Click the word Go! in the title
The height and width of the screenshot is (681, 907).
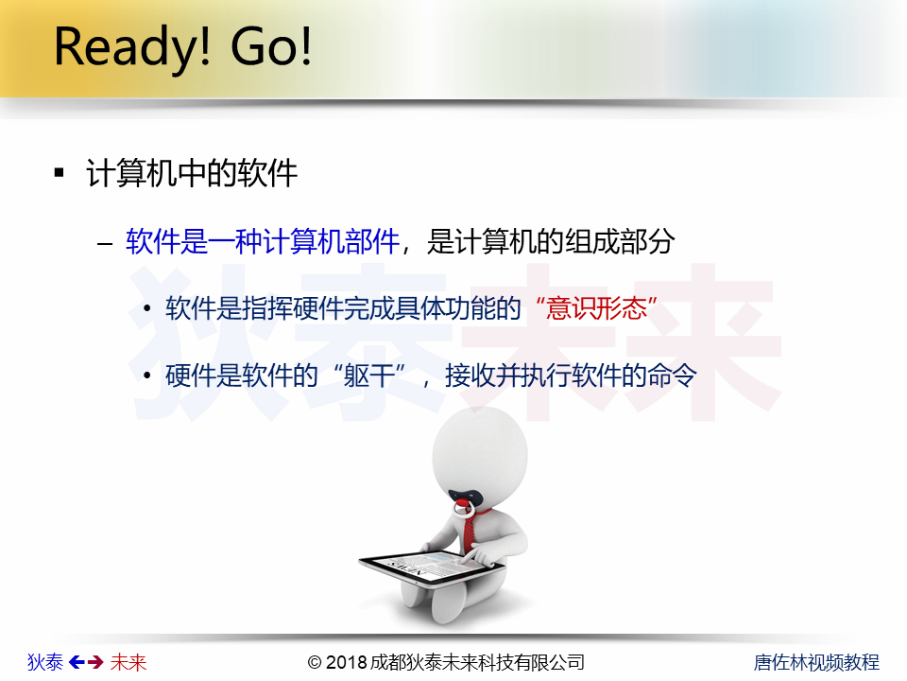click(271, 45)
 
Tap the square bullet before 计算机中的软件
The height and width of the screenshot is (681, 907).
click(59, 172)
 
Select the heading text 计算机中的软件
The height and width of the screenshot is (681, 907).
click(192, 172)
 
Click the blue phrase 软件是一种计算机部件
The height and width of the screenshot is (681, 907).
click(263, 241)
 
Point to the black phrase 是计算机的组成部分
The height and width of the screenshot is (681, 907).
click(551, 241)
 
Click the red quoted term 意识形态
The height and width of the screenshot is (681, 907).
click(596, 308)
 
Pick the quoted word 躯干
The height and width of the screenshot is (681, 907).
click(368, 375)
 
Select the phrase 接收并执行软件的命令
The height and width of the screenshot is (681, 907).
click(571, 375)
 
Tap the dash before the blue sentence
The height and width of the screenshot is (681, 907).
click(105, 243)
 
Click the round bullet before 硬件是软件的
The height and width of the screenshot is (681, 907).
click(147, 375)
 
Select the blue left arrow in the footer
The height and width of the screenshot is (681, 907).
click(77, 662)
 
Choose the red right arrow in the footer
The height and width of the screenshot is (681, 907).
click(95, 662)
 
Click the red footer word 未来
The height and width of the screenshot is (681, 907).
click(128, 662)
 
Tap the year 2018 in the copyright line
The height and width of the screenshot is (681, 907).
click(346, 662)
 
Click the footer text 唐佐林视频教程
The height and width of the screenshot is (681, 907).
click(816, 662)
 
